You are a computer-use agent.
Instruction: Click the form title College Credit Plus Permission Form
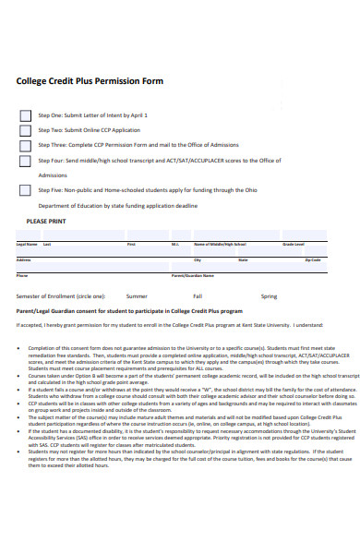[90, 81]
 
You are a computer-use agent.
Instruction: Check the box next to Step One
[25, 115]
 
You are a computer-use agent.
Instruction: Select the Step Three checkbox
[25, 145]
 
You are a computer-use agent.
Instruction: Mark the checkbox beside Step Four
[25, 161]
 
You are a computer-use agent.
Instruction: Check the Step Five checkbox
[25, 190]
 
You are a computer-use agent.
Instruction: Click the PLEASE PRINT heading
[45, 223]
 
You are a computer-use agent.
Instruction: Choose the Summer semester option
[137, 296]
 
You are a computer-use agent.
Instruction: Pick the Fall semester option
[198, 296]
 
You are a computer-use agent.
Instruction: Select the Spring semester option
[269, 296]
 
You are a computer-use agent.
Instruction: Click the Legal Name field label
[27, 244]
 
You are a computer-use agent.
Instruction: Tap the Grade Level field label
[294, 244]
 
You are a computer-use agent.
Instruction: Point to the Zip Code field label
[313, 260]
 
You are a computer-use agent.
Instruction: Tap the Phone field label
[22, 276]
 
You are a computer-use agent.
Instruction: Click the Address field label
[24, 260]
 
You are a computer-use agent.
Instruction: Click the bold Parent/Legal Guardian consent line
[129, 312]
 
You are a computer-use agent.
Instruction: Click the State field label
[243, 260]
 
